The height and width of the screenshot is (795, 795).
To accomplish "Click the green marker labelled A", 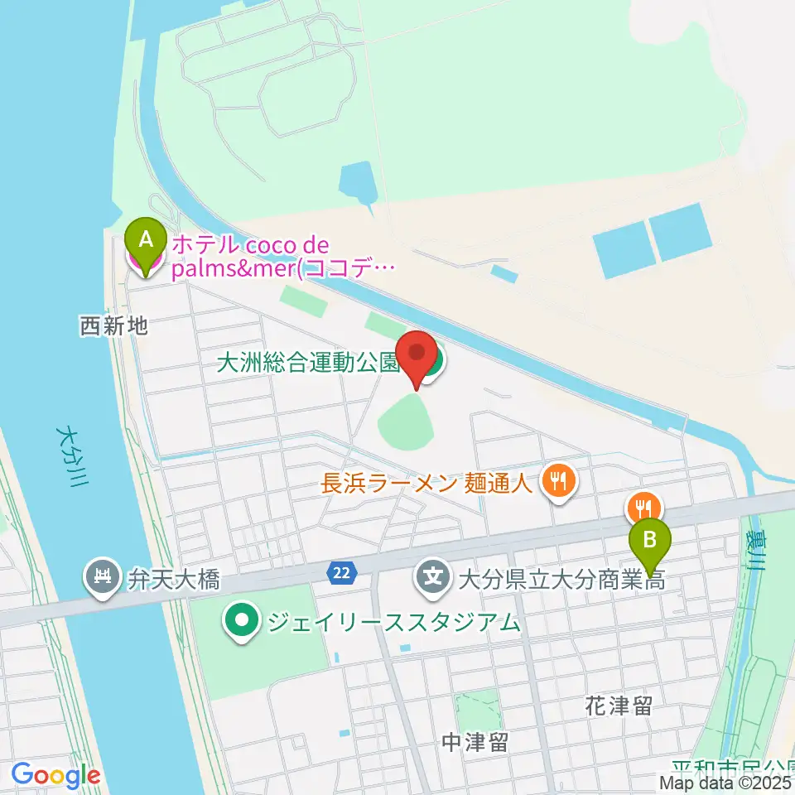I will pos(146,241).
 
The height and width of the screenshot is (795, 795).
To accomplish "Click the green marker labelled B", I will pos(651,542).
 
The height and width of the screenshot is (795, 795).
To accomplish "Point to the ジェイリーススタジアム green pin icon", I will pos(241,619).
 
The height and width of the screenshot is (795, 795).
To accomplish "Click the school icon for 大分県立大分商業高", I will pos(433,574).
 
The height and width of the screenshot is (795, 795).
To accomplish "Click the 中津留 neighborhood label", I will pos(475,742).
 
